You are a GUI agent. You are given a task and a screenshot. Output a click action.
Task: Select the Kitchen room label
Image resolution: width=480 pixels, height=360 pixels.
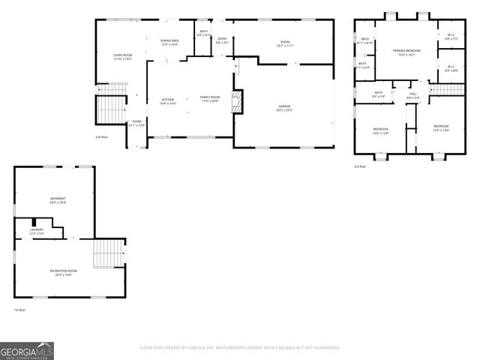click(168, 101)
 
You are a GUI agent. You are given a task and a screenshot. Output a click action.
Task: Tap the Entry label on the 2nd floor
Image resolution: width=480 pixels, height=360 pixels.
click(222, 40)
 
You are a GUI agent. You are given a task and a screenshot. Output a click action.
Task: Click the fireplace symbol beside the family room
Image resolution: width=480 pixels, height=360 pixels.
click(237, 102)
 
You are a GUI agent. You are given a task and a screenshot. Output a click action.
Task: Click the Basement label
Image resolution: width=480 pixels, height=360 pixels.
click(58, 200)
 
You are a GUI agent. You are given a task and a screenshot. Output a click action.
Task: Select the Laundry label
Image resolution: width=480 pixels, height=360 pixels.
click(37, 232)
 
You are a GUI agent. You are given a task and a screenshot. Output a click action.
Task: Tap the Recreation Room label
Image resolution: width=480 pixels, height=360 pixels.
click(64, 271)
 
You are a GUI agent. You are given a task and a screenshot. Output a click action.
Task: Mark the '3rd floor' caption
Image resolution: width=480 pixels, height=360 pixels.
click(361, 166)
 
